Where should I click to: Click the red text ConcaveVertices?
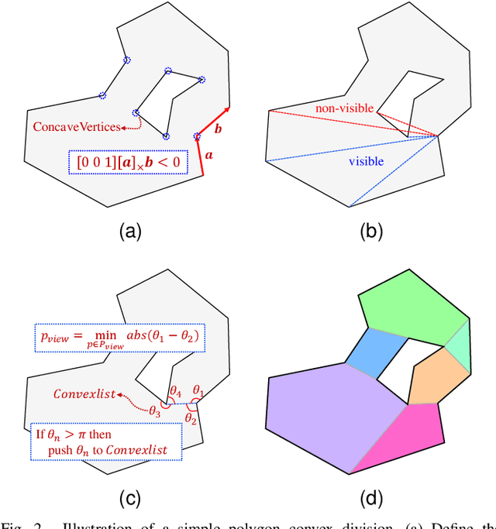(76, 127)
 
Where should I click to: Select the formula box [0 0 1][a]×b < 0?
(129, 162)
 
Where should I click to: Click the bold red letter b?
(219, 127)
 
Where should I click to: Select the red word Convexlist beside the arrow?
(82, 394)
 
